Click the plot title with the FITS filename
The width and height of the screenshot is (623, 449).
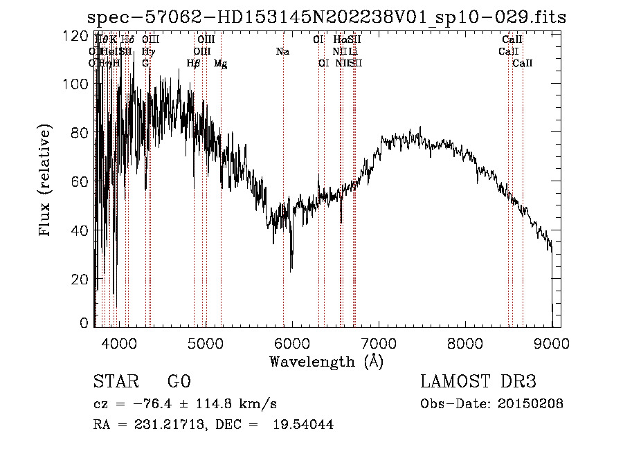pos(329,17)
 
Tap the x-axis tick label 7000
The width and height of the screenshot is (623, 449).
pos(379,342)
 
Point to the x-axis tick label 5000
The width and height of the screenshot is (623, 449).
pos(205,342)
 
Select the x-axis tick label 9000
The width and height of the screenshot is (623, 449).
pos(552,342)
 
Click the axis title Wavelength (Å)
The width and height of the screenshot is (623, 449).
pos(326,360)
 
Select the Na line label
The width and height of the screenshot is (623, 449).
pos(282,52)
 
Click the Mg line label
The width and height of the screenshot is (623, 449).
pos(220,64)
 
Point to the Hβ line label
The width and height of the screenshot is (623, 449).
pos(194,64)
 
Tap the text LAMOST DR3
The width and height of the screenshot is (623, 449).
pos(478,382)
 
